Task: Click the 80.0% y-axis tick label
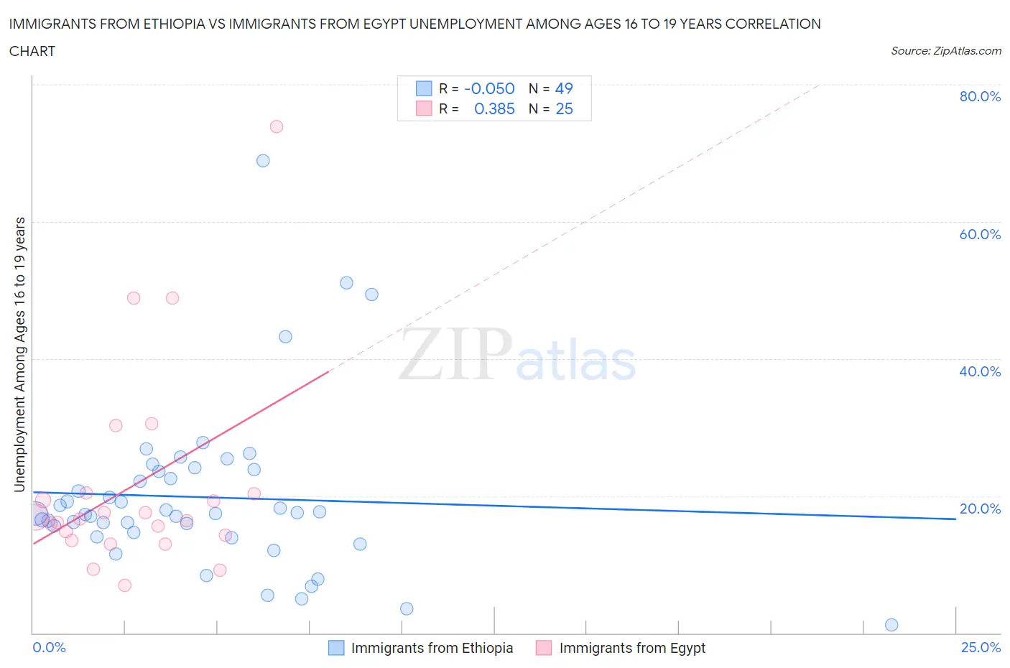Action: click(980, 96)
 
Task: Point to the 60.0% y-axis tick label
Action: click(980, 234)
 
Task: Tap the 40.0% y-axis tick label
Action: click(980, 371)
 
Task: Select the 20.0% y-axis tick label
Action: click(980, 509)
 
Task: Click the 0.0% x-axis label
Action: click(49, 647)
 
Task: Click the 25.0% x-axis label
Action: click(981, 647)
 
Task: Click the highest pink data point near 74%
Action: click(277, 126)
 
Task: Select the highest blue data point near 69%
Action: click(263, 161)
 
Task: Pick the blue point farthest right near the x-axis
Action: click(891, 625)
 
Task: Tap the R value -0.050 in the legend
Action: click(489, 88)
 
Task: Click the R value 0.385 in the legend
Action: click(494, 108)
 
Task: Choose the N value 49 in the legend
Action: click(564, 88)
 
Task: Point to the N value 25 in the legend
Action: click(564, 108)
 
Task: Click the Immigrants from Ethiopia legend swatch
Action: click(336, 648)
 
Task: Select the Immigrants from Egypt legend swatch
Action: click(544, 648)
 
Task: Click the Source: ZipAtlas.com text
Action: click(945, 51)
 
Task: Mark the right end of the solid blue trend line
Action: click(955, 519)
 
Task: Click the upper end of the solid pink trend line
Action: click(328, 371)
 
